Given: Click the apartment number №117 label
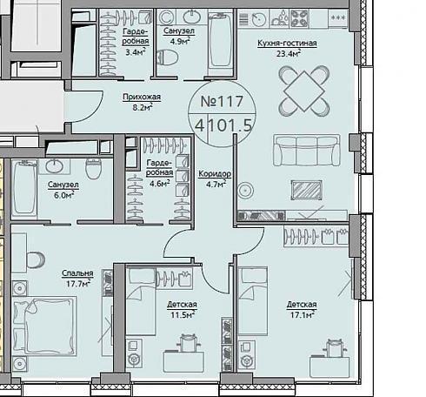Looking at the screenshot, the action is coord(222,101).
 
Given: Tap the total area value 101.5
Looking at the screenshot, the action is coord(230,125).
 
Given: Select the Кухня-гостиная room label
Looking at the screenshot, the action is coord(287,44).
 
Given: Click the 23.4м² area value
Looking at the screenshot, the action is coord(288,53).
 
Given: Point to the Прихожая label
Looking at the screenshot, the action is coord(142,97).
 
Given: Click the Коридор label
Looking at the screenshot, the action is coord(215,174).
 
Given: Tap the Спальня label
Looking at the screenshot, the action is coord(77,273).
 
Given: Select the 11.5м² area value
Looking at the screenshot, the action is coord(182,314).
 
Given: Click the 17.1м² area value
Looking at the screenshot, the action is coord(303,314).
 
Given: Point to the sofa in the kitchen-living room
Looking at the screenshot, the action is coord(306,150).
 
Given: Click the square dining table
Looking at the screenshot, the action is coord(303,91).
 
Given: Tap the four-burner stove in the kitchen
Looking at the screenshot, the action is coord(299,18).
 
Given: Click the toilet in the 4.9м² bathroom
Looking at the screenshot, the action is coord(167,57).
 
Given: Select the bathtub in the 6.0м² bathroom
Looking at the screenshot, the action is coord(24,189).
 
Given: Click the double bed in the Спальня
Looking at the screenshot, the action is coord(45,326).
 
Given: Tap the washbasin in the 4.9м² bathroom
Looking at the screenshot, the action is coord(191,17).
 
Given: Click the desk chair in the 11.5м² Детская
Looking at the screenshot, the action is coord(189,342).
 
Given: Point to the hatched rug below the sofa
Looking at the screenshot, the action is coord(306,191).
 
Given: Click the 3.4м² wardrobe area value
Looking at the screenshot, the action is coord(136,52).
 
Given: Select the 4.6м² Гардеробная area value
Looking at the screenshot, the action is coord(160,184).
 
